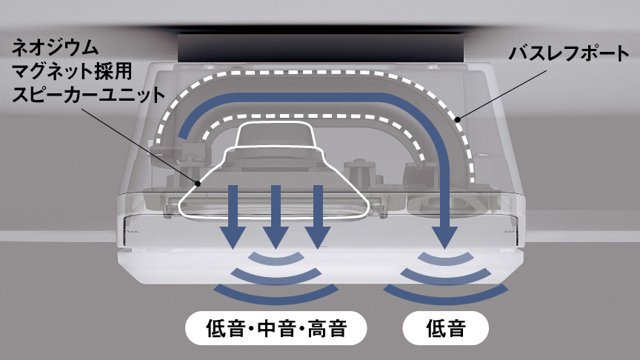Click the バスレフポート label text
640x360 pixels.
(x=564, y=53)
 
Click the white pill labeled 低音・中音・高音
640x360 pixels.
(x=276, y=327)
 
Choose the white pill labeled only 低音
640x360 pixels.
(x=446, y=327)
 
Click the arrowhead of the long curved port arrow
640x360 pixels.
(x=446, y=236)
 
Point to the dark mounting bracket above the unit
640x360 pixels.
(x=320, y=49)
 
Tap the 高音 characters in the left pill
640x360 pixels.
(x=327, y=327)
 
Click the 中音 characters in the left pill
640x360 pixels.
(x=276, y=327)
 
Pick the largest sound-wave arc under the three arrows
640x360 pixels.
(x=276, y=294)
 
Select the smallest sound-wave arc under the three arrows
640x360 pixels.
(x=276, y=256)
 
